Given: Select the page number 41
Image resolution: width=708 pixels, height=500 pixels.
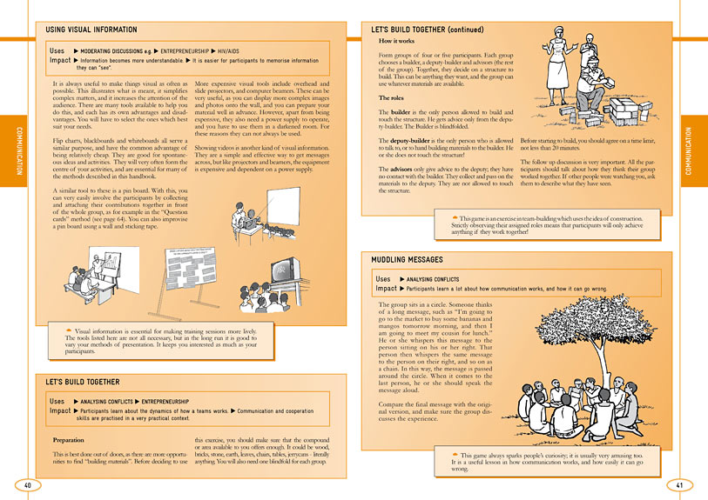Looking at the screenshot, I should click(x=680, y=484).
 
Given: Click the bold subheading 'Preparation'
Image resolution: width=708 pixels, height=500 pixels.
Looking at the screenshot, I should click(x=69, y=440).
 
